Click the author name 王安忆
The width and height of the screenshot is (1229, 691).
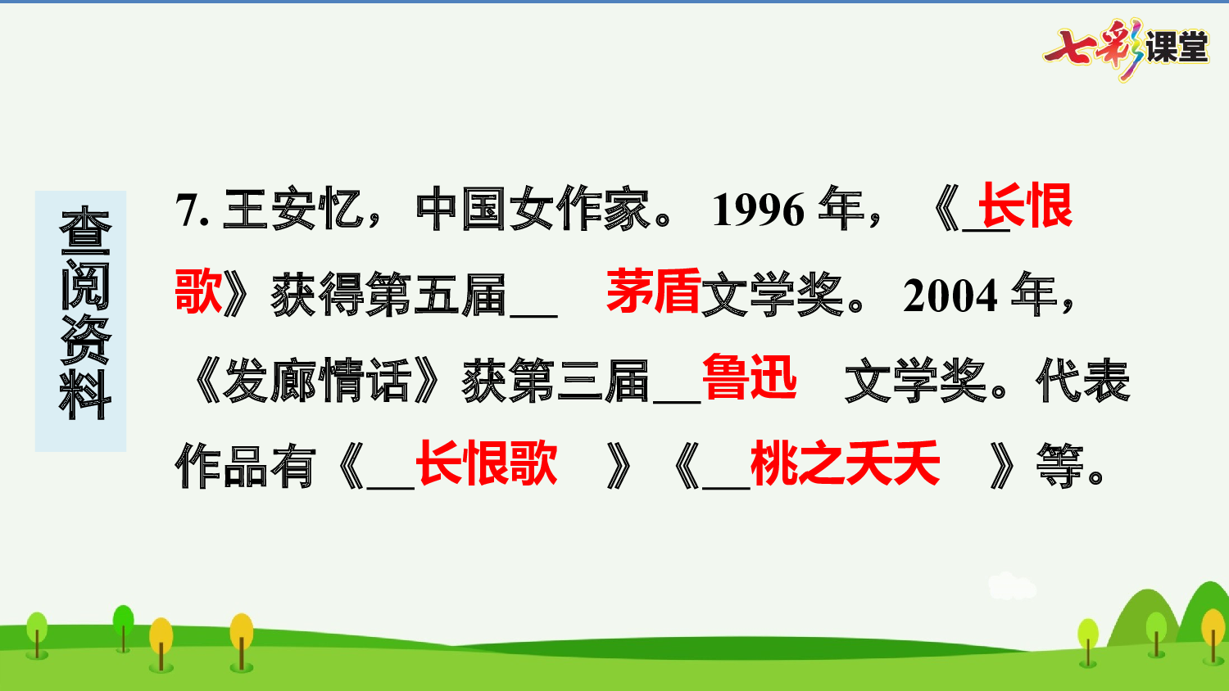coord(293,210)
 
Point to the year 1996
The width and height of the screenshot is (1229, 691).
coord(759,210)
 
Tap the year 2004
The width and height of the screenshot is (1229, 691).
coord(950,296)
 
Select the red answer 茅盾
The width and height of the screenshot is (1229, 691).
coord(653,291)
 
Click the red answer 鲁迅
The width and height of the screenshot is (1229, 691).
coord(749,377)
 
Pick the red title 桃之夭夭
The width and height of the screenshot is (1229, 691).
coord(845,463)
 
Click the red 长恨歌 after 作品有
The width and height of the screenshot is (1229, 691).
coord(487,463)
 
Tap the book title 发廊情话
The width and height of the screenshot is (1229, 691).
coord(315,382)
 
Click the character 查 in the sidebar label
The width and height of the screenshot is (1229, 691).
coord(84,231)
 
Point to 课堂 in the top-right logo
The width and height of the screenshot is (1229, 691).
coord(1177,47)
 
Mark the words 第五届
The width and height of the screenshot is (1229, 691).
coord(436,296)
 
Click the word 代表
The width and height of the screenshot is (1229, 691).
coord(1082,382)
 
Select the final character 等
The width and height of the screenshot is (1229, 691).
coord(1059,467)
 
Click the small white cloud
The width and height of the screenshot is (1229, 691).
coord(1012,586)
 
